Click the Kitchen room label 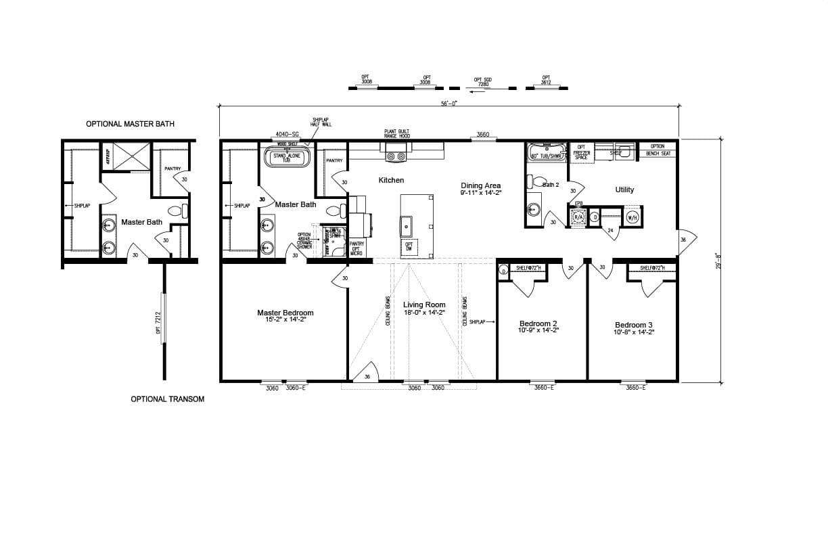pyautogui.click(x=391, y=181)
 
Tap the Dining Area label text pyautogui.click(x=480, y=185)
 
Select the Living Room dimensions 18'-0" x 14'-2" pyautogui.click(x=424, y=313)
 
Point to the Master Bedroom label pyautogui.click(x=285, y=313)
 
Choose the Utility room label pyautogui.click(x=624, y=190)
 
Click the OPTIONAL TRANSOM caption pyautogui.click(x=167, y=399)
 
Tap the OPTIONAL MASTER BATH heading pyautogui.click(x=130, y=124)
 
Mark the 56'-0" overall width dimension pyautogui.click(x=448, y=104)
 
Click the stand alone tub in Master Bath pyautogui.click(x=286, y=158)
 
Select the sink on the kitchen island pyautogui.click(x=408, y=223)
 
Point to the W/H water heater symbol pyautogui.click(x=632, y=218)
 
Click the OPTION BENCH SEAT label pyautogui.click(x=657, y=150)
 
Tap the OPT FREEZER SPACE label pyautogui.click(x=581, y=152)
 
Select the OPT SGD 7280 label pyautogui.click(x=482, y=82)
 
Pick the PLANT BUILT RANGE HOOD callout pyautogui.click(x=396, y=134)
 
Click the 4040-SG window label pyautogui.click(x=287, y=135)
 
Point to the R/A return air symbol pyautogui.click(x=578, y=217)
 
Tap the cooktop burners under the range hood pyautogui.click(x=396, y=157)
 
